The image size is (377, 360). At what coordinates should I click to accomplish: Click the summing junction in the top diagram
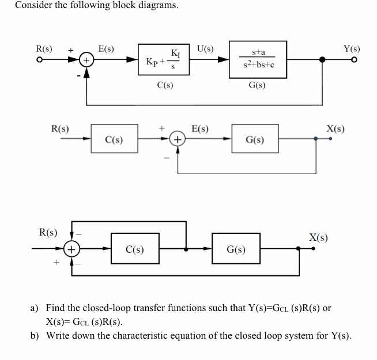pyautogui.click(x=86, y=60)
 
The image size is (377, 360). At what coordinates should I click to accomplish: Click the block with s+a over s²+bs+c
pyautogui.click(x=258, y=60)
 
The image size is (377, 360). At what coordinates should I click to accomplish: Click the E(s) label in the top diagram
pyautogui.click(x=106, y=48)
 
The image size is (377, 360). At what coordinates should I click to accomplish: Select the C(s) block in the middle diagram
pyautogui.click(x=114, y=139)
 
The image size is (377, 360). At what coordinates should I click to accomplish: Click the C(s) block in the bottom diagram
pyautogui.click(x=134, y=249)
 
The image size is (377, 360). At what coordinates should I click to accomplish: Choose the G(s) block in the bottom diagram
pyautogui.click(x=236, y=249)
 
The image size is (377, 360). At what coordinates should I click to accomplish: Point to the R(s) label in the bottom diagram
pyautogui.click(x=47, y=233)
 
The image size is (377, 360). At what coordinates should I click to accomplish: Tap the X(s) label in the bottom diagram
pyautogui.click(x=319, y=237)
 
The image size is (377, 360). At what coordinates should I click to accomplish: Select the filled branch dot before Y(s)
pyautogui.click(x=322, y=60)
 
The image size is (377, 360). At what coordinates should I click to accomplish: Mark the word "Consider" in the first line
pyautogui.click(x=33, y=6)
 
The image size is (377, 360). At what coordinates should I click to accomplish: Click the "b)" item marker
pyautogui.click(x=35, y=335)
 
